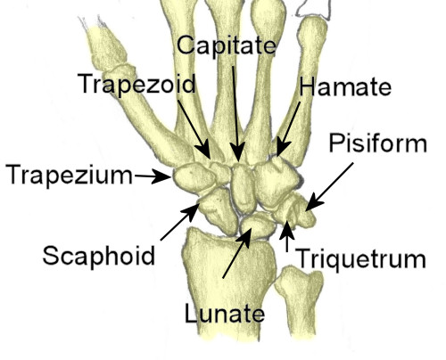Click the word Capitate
[x=227, y=45]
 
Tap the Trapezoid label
[x=136, y=84]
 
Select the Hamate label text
[x=345, y=87]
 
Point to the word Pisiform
[x=378, y=143]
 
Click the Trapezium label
[x=70, y=176]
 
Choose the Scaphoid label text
[x=99, y=256]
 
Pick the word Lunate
[x=225, y=314]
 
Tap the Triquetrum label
[x=360, y=259]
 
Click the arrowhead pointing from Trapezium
[x=162, y=176]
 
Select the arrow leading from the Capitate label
[x=236, y=113]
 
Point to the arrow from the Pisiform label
[x=329, y=186]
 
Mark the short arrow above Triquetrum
[x=287, y=236]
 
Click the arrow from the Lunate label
[x=237, y=253]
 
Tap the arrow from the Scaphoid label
[x=179, y=222]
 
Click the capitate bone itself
[x=244, y=188]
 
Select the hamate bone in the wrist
[x=277, y=183]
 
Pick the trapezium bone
[x=194, y=177]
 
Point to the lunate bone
[x=258, y=225]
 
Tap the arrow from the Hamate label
[x=288, y=129]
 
